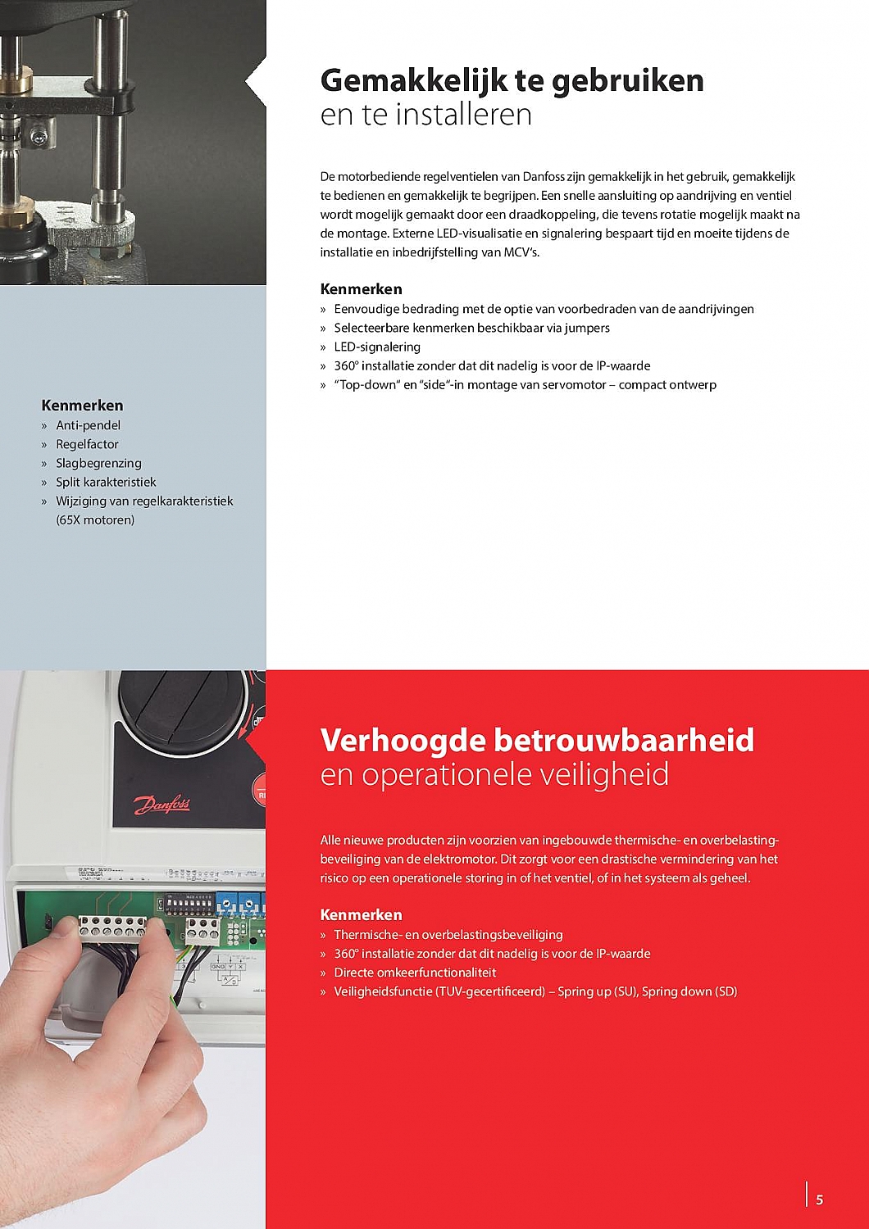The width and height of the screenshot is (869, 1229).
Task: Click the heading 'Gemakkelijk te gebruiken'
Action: pos(512,80)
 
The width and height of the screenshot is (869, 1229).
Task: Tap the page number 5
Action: pos(819,1200)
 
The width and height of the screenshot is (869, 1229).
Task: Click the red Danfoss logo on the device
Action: pos(162,805)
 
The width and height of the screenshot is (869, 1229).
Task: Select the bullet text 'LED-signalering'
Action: pos(377,347)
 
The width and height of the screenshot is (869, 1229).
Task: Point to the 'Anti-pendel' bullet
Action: pos(88,425)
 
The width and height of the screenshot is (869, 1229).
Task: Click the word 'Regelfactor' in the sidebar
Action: pos(87,444)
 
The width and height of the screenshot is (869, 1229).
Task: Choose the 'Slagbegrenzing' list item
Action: pos(98,463)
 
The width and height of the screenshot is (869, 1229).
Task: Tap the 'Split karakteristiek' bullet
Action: pos(106,482)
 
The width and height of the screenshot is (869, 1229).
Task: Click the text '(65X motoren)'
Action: pos(95,519)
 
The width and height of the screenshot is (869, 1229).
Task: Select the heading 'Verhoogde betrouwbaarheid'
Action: pos(537,740)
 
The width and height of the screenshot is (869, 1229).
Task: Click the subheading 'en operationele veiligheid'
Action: pos(494,774)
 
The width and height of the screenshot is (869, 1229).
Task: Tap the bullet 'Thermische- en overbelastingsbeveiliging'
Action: pos(448,935)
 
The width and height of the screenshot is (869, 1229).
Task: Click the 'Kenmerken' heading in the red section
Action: pos(361,914)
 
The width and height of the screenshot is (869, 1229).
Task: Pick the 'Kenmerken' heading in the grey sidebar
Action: pos(82,405)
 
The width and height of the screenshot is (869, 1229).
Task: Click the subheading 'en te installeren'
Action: pos(425,115)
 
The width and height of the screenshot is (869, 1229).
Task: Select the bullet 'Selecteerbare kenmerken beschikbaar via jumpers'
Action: pos(471,328)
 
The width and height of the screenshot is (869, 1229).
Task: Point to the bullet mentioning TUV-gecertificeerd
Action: pos(535,991)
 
